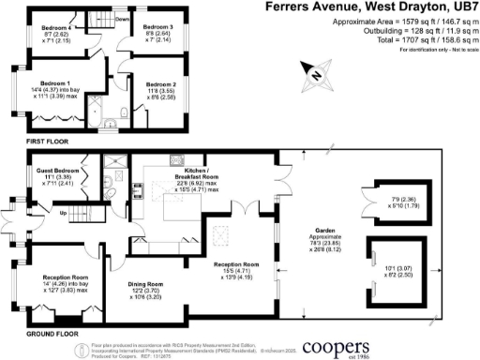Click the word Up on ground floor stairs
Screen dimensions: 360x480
[63, 213]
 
